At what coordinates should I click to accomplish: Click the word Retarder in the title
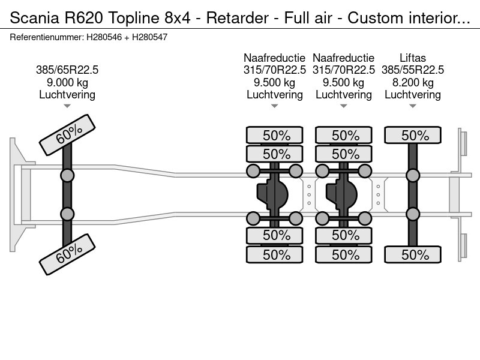[x=238, y=18]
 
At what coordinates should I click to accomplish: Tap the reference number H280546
[x=104, y=37]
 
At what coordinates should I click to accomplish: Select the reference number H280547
[x=149, y=37]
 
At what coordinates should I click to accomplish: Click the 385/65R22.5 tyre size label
[x=67, y=70]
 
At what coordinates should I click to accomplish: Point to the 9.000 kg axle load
[x=67, y=82]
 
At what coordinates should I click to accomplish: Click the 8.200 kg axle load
[x=413, y=82]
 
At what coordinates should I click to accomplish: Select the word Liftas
[x=413, y=58]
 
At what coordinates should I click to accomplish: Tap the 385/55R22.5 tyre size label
[x=413, y=70]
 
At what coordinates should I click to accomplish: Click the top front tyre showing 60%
[x=67, y=134]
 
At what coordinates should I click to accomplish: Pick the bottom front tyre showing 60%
[x=67, y=254]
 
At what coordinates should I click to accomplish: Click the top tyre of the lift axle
[x=413, y=135]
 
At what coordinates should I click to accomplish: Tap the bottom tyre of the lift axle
[x=413, y=254]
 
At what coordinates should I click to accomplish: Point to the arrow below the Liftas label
[x=413, y=106]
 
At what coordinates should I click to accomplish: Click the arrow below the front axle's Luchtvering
[x=67, y=106]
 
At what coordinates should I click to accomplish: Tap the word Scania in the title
[x=35, y=18]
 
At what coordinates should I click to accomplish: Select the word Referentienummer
[x=47, y=37]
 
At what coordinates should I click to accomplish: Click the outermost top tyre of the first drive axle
[x=275, y=135]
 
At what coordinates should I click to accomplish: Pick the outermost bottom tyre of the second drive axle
[x=344, y=254]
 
